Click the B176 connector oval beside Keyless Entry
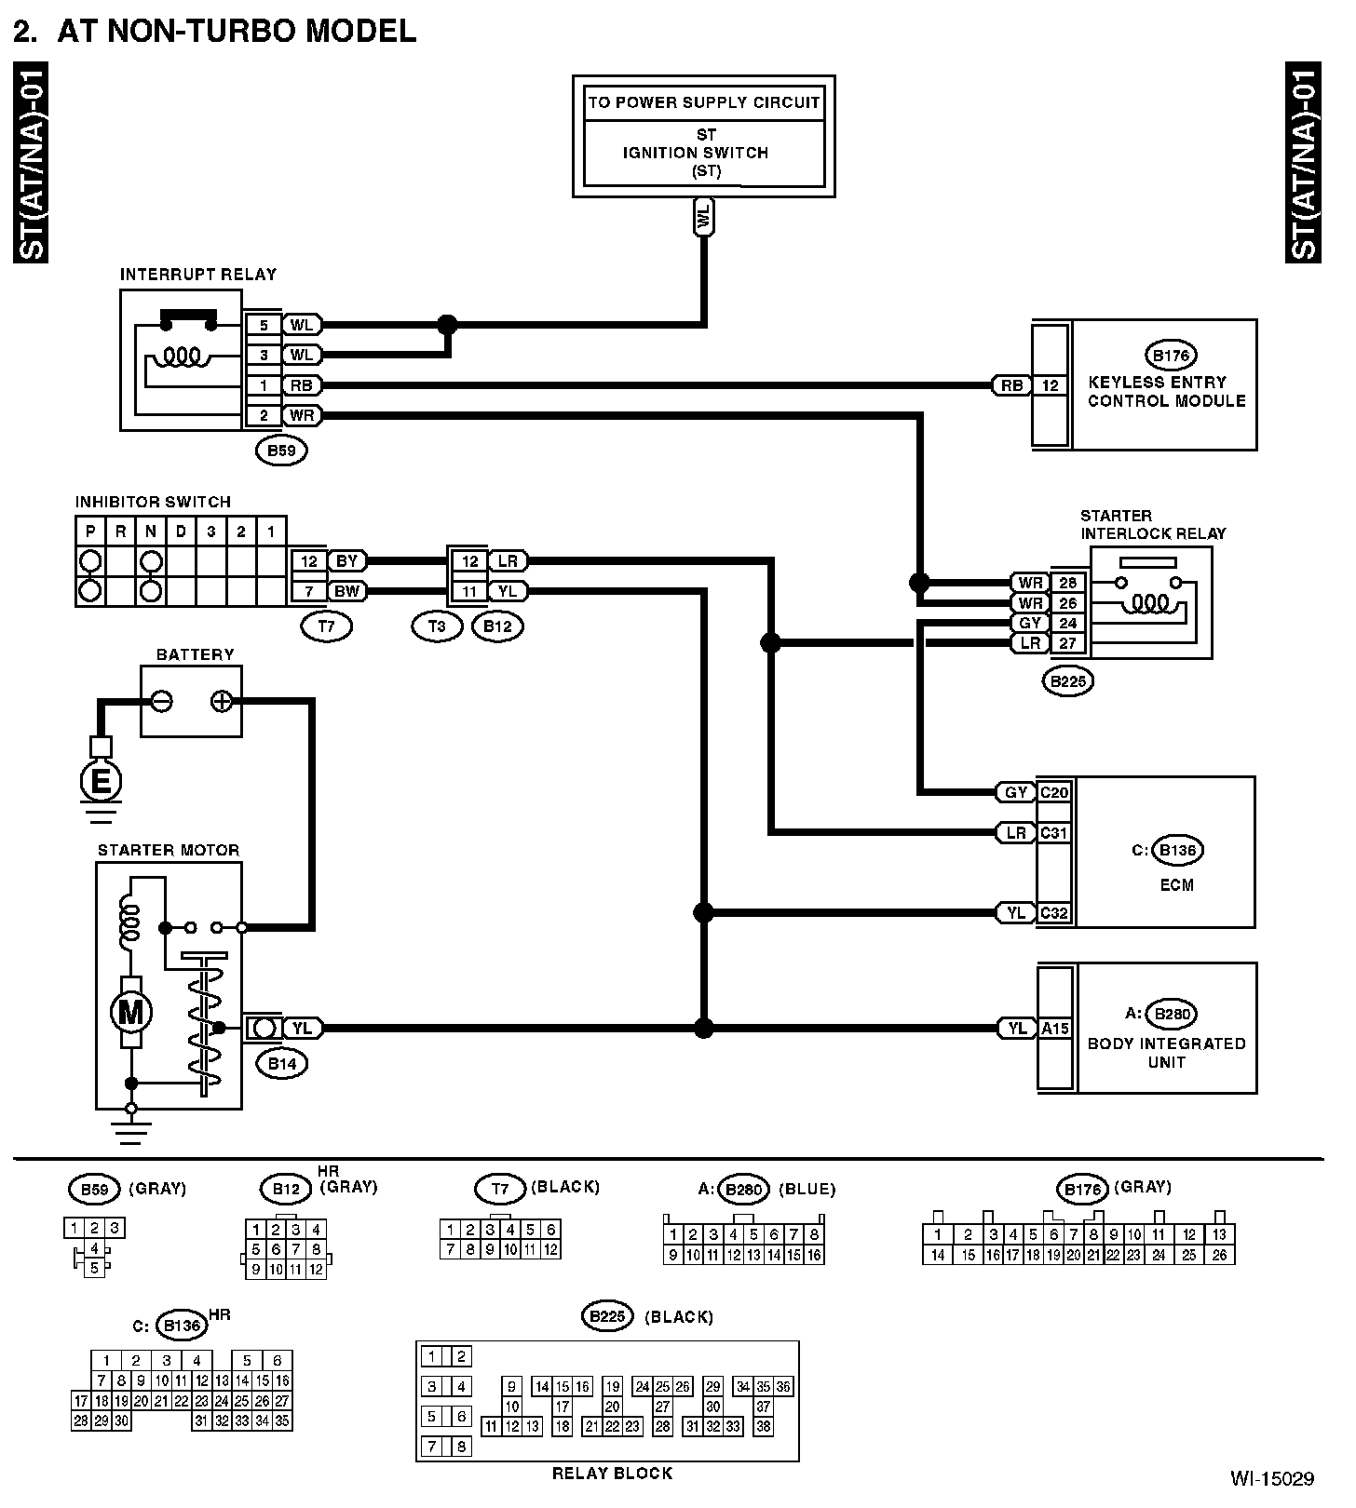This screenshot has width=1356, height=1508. (x=1170, y=356)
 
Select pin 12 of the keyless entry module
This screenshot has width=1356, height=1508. (x=1051, y=385)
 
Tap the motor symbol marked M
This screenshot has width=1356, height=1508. (x=130, y=1012)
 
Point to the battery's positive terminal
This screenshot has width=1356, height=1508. (x=221, y=701)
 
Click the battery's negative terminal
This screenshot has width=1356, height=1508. (x=161, y=701)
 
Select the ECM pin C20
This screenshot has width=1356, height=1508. (x=1053, y=792)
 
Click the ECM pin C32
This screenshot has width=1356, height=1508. (x=1053, y=913)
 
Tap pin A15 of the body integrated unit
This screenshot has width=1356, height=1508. (x=1055, y=1029)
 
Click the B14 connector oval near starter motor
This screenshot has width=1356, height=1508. (x=281, y=1064)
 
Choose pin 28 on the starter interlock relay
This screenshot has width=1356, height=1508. (x=1067, y=583)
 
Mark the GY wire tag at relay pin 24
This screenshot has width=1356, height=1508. (x=1029, y=623)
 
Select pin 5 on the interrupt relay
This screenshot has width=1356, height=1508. (x=264, y=325)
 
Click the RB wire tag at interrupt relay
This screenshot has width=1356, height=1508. (x=301, y=385)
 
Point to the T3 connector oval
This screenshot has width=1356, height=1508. (x=437, y=626)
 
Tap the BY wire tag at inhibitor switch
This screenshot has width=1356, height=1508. (x=346, y=561)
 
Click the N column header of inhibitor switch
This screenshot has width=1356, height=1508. (x=151, y=532)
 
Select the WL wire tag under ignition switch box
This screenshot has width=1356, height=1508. (x=704, y=218)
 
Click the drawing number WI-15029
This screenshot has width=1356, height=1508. (x=1271, y=1478)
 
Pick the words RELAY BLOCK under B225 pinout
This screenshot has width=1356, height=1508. (x=612, y=1473)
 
